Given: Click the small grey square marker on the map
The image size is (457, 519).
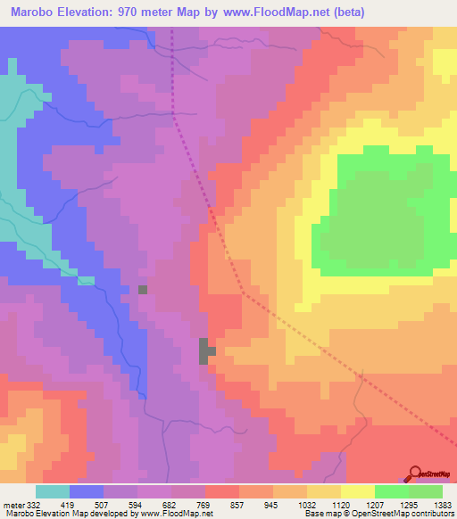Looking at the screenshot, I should (x=143, y=289).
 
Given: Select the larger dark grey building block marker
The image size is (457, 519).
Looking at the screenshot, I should (x=206, y=351).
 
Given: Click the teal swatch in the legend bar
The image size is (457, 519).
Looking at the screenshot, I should (x=53, y=491).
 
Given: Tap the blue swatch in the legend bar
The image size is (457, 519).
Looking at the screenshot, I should (x=87, y=491).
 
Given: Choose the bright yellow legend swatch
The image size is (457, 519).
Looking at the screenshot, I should (x=357, y=491).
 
